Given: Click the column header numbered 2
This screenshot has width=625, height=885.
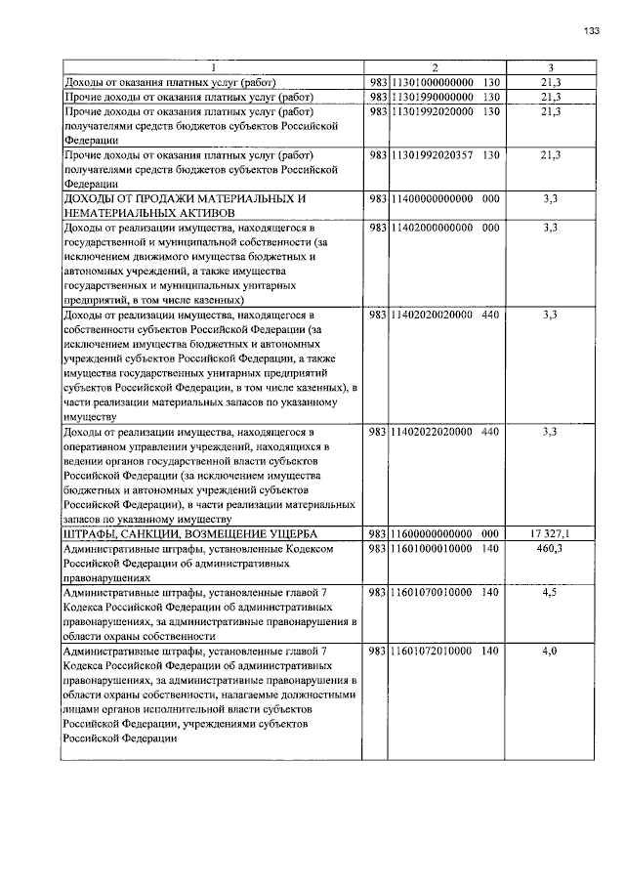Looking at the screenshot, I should pyautogui.click(x=435, y=67).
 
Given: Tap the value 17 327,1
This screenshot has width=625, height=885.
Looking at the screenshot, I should pyautogui.click(x=550, y=533).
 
